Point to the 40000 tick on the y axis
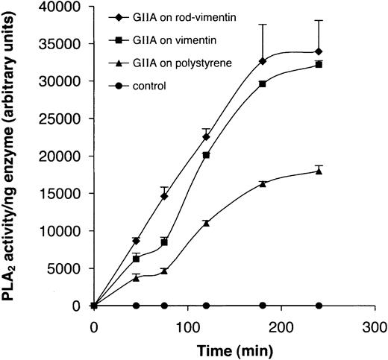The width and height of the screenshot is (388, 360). click(x=68, y=7)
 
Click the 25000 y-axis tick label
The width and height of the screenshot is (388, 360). click(x=68, y=119)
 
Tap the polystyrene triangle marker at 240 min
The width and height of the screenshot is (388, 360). click(x=319, y=171)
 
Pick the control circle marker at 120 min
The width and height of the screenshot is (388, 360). click(x=207, y=306)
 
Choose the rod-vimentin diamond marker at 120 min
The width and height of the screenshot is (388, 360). click(x=207, y=136)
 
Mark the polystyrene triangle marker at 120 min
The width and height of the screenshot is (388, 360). click(x=207, y=223)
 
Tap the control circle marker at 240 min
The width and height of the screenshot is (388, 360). click(x=319, y=306)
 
